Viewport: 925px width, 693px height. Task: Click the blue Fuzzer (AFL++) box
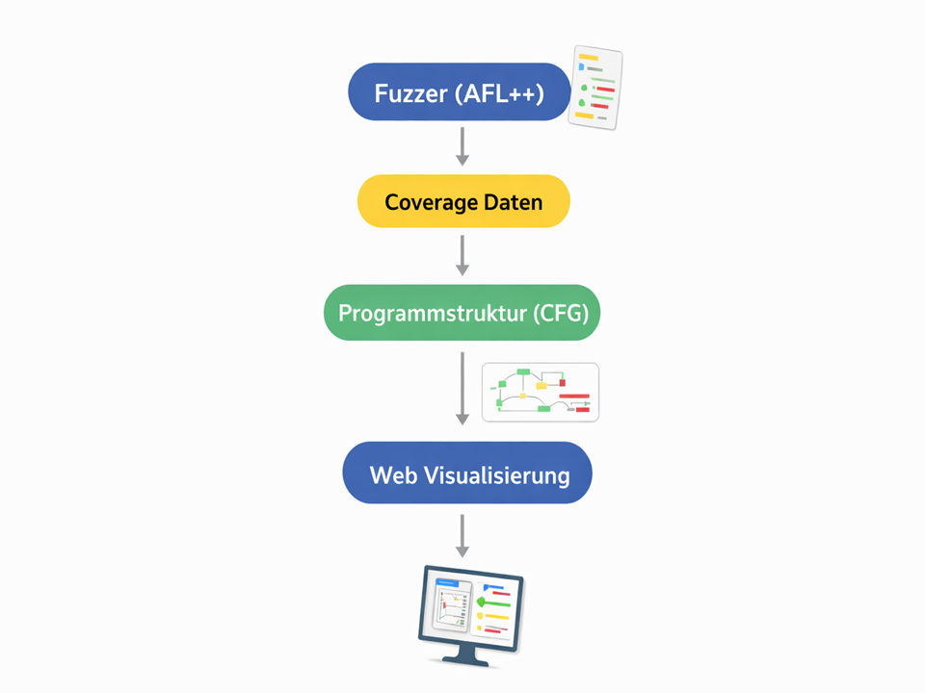[460, 92]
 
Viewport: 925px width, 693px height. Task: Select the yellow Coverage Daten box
[463, 201]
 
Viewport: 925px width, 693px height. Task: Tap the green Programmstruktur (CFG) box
[462, 312]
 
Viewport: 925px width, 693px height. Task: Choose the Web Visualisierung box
[467, 473]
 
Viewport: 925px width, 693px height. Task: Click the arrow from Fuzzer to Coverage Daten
[462, 146]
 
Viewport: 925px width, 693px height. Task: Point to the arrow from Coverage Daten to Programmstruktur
[462, 255]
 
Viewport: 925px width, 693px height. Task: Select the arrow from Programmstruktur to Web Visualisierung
[462, 388]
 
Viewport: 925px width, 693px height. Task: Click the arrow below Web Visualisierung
[462, 536]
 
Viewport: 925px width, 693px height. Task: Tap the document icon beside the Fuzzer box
[595, 88]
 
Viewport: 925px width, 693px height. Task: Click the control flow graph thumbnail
[541, 393]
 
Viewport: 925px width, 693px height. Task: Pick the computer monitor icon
[471, 616]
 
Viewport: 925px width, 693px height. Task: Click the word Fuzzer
[411, 93]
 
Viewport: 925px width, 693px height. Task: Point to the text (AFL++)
[500, 93]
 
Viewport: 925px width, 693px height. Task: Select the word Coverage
[432, 203]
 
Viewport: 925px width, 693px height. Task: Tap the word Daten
[514, 202]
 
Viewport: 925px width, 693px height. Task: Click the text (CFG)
[561, 313]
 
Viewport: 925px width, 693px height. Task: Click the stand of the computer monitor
[466, 655]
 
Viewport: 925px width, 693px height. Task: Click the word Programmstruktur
[433, 314]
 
